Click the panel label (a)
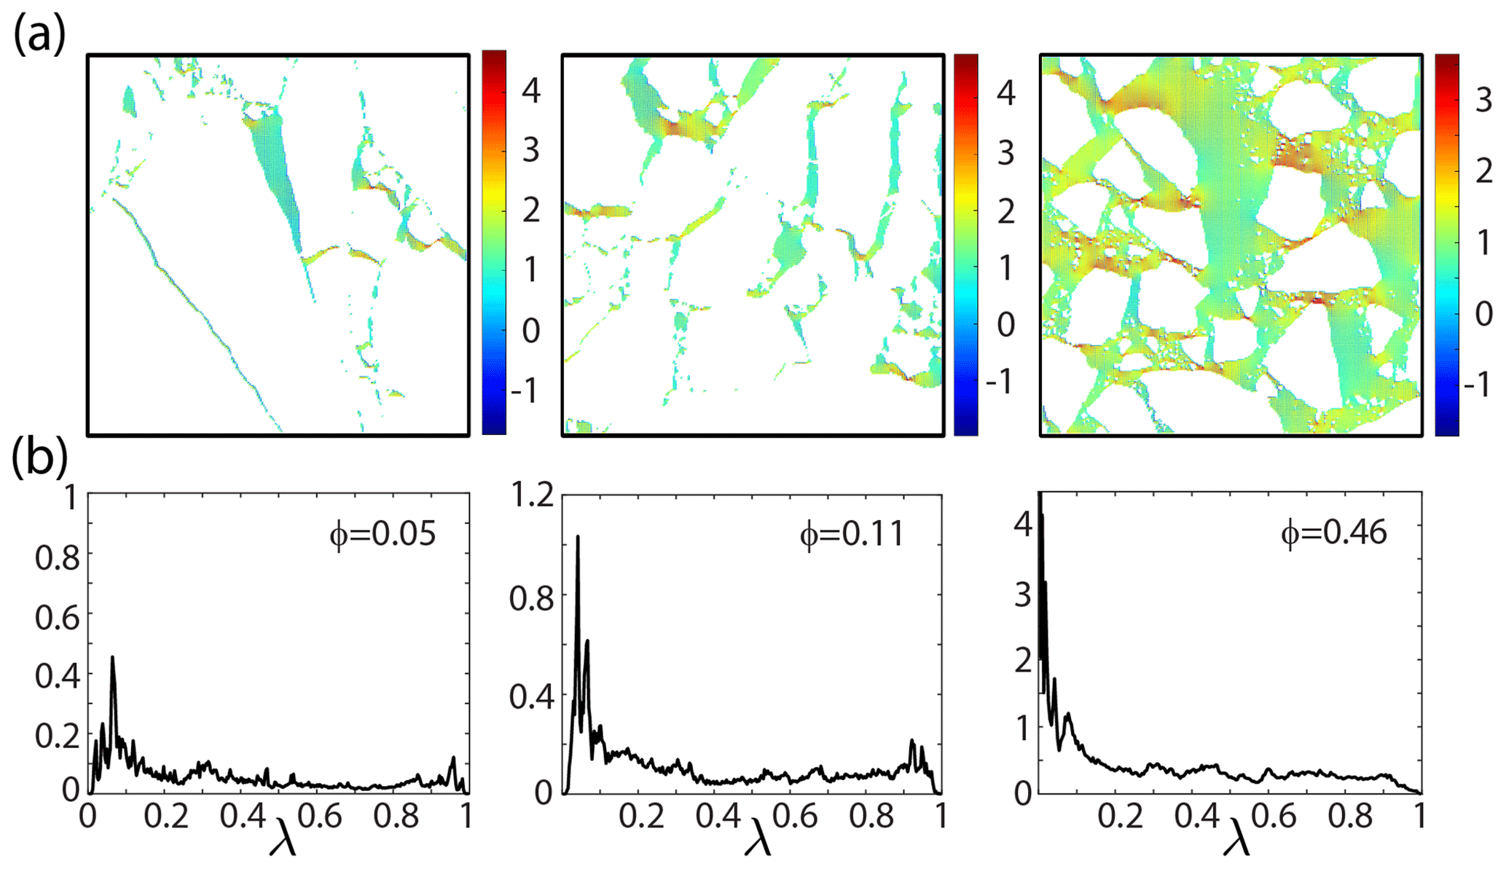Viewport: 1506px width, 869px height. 39,34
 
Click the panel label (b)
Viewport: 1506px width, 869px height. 39,460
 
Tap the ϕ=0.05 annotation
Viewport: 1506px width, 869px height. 383,534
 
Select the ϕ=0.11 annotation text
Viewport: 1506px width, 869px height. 852,534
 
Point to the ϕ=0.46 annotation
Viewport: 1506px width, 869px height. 1333,532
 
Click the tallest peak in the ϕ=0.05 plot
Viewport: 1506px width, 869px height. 112,657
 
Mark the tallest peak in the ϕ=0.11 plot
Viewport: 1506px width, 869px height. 578,537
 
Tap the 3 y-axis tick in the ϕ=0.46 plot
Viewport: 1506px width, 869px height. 1022,596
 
